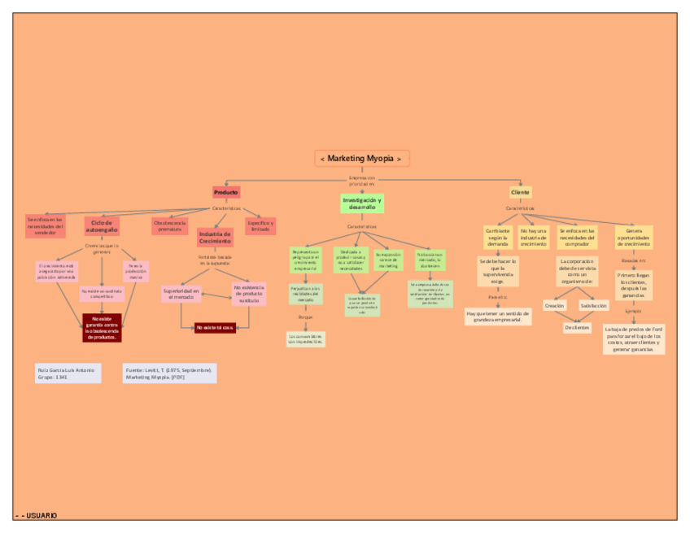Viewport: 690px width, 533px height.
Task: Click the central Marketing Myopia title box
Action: pyautogui.click(x=361, y=159)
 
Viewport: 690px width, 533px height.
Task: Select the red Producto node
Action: pyautogui.click(x=226, y=192)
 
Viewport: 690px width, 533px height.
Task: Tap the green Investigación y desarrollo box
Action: pyautogui.click(x=362, y=203)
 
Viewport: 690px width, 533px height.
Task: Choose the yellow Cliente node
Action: pyautogui.click(x=520, y=192)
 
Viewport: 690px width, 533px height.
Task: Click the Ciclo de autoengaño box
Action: pyautogui.click(x=102, y=225)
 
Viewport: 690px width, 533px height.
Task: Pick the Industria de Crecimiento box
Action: pyautogui.click(x=215, y=237)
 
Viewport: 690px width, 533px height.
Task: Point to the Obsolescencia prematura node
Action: pyautogui.click(x=170, y=225)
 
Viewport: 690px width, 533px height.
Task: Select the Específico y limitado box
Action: pyautogui.click(x=260, y=225)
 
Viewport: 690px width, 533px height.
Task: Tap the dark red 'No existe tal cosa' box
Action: pyautogui.click(x=215, y=327)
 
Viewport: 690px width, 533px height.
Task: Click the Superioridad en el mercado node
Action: pyautogui.click(x=181, y=294)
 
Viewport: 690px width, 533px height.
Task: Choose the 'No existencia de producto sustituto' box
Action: pyautogui.click(x=249, y=294)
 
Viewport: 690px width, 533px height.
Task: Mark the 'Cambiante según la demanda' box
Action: pyautogui.click(x=497, y=237)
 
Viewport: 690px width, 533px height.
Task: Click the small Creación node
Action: pyautogui.click(x=554, y=305)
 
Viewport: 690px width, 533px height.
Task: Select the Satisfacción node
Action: pyautogui.click(x=593, y=305)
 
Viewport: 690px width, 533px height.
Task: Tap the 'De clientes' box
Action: pyautogui.click(x=577, y=327)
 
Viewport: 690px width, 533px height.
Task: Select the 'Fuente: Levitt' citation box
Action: pyautogui.click(x=169, y=373)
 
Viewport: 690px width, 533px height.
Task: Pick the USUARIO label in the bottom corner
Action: pyautogui.click(x=37, y=515)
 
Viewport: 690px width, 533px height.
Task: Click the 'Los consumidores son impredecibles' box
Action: pyautogui.click(x=305, y=339)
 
